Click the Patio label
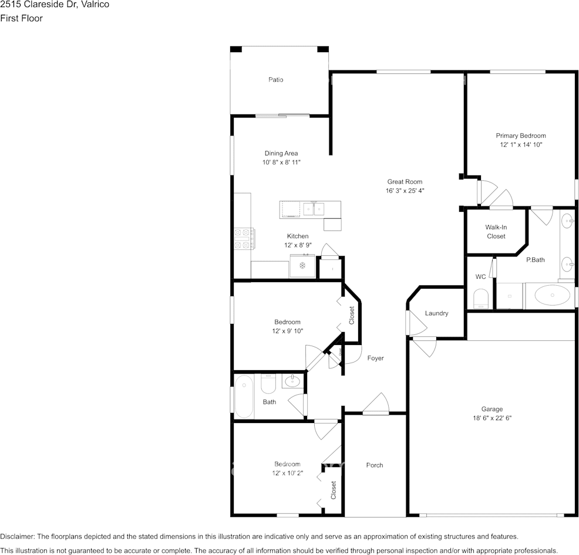click(275, 80)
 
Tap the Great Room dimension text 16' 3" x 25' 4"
click(405, 191)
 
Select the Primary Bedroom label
click(521, 136)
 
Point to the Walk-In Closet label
click(496, 232)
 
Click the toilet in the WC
click(481, 299)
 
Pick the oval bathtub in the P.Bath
click(552, 295)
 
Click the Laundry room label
click(436, 313)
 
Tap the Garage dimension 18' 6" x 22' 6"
click(492, 418)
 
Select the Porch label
click(375, 465)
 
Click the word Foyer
click(376, 358)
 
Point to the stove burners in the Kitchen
click(244, 239)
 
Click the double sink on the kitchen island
click(314, 209)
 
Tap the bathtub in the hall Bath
click(244, 397)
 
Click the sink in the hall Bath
click(292, 381)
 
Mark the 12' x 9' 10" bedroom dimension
click(287, 331)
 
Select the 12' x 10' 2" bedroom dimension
click(287, 473)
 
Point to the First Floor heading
click(21, 18)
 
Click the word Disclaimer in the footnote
click(18, 537)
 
